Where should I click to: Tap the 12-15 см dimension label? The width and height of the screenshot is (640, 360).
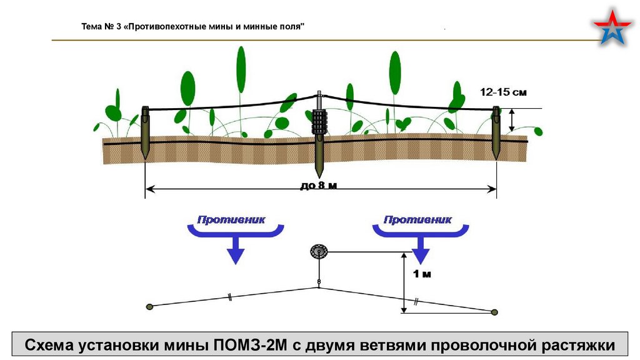coord(503,92)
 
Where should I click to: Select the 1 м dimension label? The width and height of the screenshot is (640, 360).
coord(422,274)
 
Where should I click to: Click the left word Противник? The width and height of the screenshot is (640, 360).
coord(232,220)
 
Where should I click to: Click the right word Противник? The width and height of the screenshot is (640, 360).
coord(417,220)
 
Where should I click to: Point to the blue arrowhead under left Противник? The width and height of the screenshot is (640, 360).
coord(235,253)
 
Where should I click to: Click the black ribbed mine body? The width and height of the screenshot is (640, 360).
coord(319,122)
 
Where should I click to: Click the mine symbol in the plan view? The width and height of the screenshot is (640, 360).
coord(319,252)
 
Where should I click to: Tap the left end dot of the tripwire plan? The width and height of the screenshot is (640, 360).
coord(149,306)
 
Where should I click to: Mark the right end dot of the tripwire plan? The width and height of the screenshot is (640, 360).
coord(495,312)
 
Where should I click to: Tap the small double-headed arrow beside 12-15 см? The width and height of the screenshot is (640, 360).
coord(512,120)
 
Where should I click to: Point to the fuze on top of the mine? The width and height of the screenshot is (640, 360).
coord(319,100)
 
